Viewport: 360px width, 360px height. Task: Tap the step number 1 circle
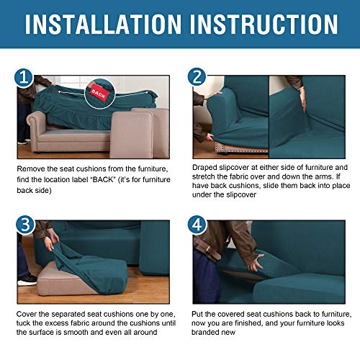(24, 77)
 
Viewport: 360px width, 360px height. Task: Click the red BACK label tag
(96, 94)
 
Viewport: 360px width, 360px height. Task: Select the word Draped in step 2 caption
(205, 168)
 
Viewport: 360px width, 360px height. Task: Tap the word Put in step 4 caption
(199, 315)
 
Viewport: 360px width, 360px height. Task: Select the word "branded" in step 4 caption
(211, 336)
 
